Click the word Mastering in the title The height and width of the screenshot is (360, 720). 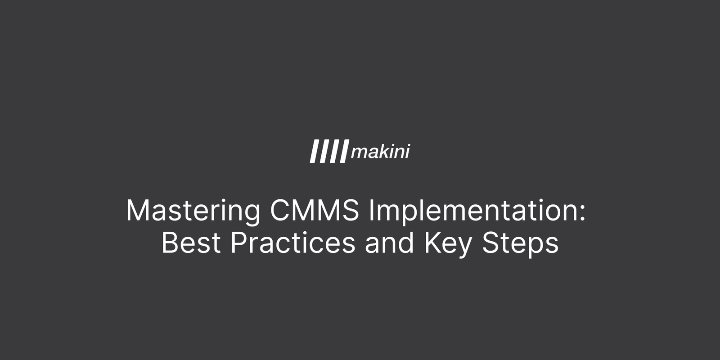click(x=193, y=211)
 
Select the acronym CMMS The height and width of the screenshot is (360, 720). click(x=315, y=211)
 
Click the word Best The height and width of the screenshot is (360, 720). click(x=191, y=243)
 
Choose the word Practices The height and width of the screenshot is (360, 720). click(x=292, y=243)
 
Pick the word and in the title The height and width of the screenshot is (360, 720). click(x=389, y=243)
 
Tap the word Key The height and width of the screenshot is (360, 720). click(x=448, y=243)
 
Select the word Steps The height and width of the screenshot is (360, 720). click(x=520, y=243)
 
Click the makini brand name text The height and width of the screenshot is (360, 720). click(x=380, y=152)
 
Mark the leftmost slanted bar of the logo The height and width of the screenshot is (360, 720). click(x=314, y=152)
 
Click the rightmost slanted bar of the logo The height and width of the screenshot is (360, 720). click(x=344, y=152)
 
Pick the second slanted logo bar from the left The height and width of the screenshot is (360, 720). click(x=324, y=152)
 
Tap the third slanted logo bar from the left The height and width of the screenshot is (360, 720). click(x=334, y=152)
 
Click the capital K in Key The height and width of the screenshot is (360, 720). click(x=432, y=243)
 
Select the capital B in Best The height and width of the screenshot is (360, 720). click(x=170, y=243)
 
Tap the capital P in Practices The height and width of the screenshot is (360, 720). click(x=238, y=243)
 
